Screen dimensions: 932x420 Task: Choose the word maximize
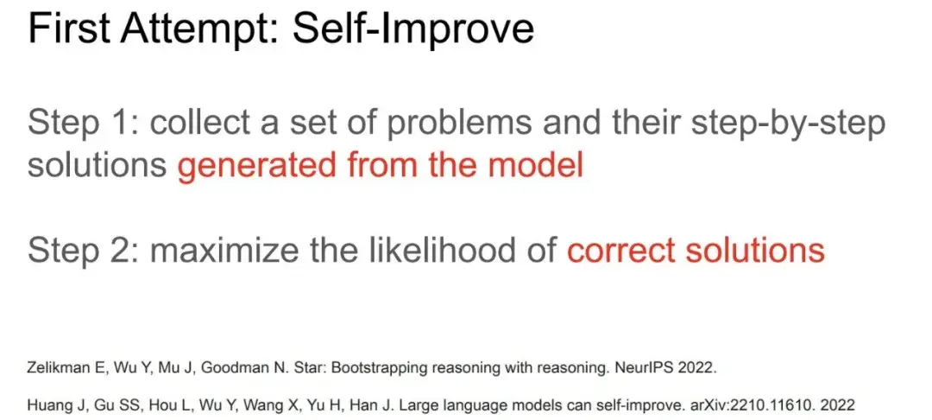(x=226, y=251)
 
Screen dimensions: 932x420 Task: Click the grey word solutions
(x=97, y=165)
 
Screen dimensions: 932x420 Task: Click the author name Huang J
(x=51, y=406)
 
